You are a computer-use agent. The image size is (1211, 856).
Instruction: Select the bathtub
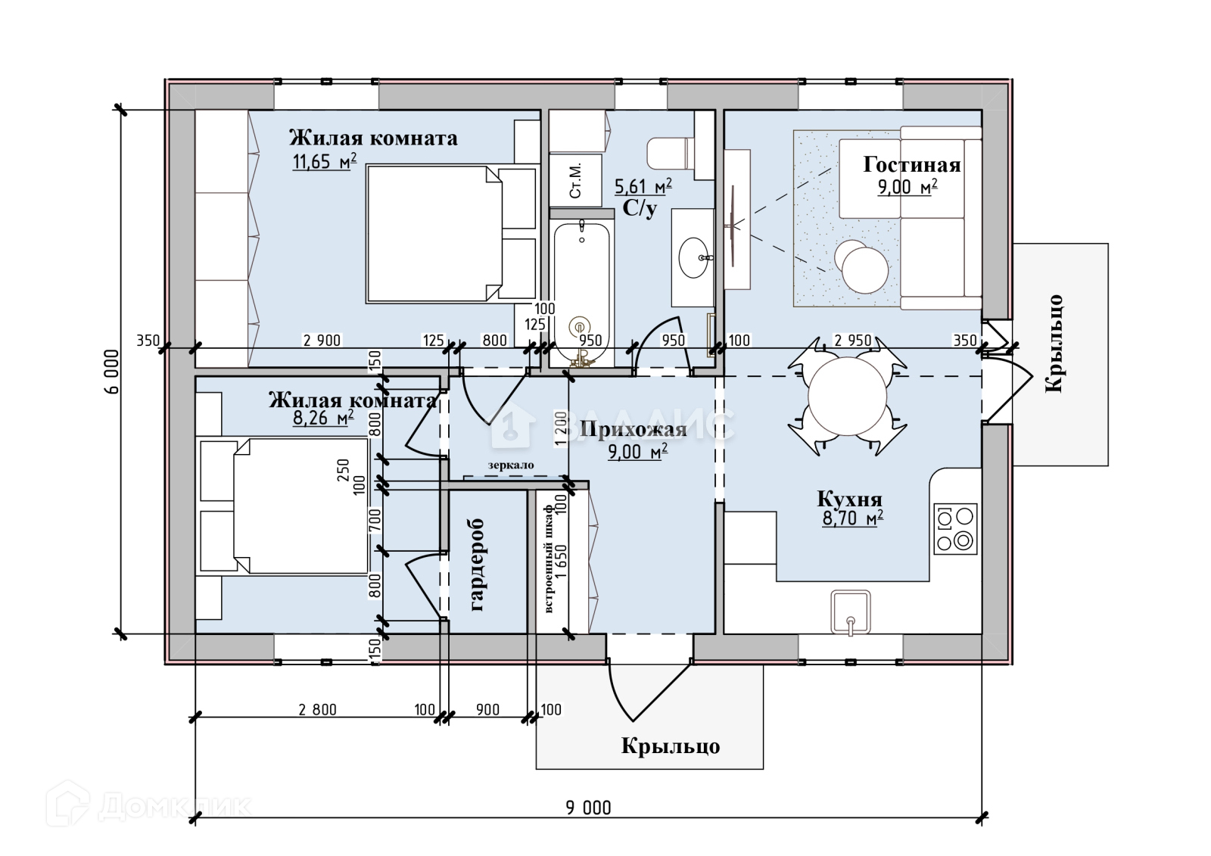[581, 291]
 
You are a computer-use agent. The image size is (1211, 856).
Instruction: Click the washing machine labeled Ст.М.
[575, 180]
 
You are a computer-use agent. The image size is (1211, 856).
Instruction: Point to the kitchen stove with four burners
[954, 528]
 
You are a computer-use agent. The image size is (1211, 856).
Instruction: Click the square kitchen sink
[850, 612]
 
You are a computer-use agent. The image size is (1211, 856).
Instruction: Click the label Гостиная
[911, 165]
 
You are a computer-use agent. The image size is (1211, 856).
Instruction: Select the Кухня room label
[849, 500]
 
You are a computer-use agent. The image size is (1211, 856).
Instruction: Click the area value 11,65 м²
[324, 161]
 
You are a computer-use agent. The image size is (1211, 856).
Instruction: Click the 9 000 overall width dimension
[588, 808]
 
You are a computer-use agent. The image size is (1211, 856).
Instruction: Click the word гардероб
[478, 565]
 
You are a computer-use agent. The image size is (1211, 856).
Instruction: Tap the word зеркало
[511, 465]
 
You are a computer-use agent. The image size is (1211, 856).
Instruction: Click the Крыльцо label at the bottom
[670, 746]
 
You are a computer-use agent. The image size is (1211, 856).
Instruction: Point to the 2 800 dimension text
[318, 710]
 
